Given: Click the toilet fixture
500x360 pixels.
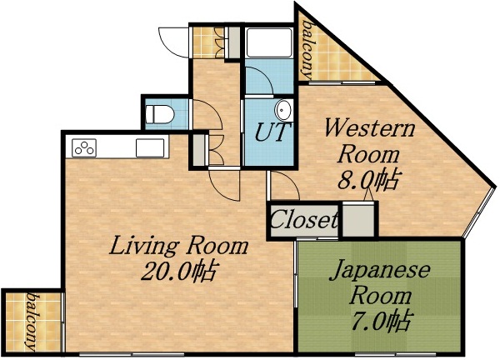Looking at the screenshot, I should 157,112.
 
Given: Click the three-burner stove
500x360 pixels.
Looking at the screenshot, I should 85,148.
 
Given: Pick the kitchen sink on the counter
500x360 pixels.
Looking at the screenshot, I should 151,148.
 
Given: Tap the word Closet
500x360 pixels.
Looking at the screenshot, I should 304,222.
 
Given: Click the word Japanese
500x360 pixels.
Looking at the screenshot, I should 381,270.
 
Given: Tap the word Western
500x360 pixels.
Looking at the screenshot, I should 369,129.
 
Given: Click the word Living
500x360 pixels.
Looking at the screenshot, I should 141,247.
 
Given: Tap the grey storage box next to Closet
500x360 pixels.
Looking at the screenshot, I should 359,221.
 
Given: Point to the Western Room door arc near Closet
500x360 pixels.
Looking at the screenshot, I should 282,186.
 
